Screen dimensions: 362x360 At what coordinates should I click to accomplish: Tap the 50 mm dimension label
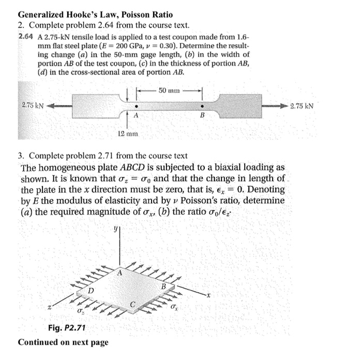pyautogui.click(x=169, y=90)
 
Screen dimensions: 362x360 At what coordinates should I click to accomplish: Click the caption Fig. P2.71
pyautogui.click(x=66, y=328)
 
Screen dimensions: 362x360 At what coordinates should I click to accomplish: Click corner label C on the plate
pyautogui.click(x=133, y=305)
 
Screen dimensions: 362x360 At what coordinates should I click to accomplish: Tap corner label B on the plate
pyautogui.click(x=163, y=286)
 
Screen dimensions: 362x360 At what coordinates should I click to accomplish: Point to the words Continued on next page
pyautogui.click(x=63, y=342)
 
